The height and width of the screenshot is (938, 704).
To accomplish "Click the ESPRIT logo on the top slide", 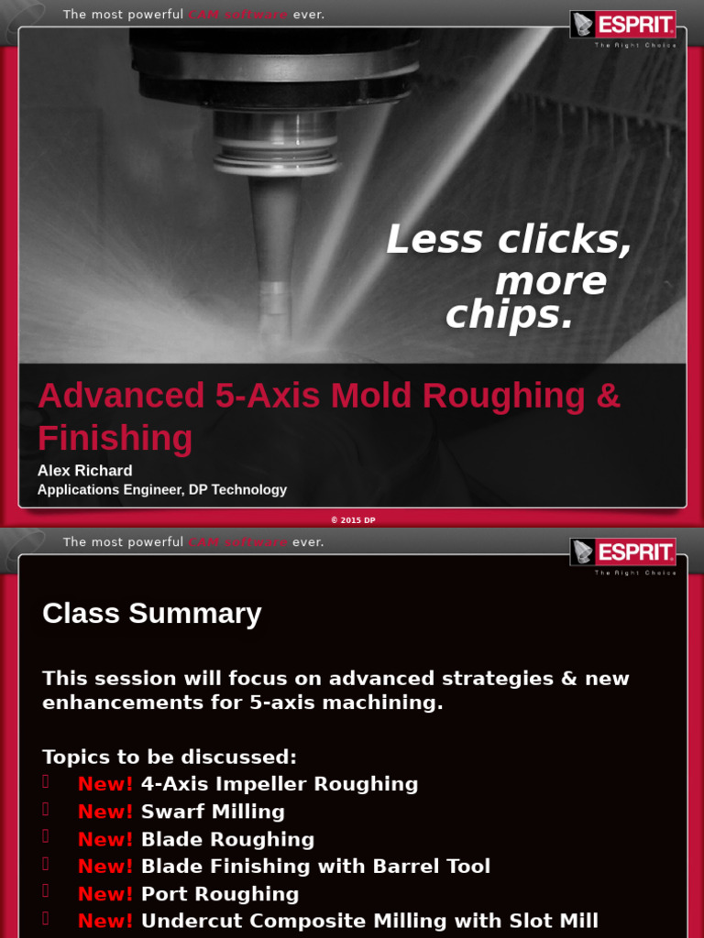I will pyautogui.click(x=622, y=25).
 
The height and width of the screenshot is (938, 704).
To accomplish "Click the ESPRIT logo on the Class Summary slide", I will pyautogui.click(x=622, y=552).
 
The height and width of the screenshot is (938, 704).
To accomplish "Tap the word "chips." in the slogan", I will pyautogui.click(x=509, y=316).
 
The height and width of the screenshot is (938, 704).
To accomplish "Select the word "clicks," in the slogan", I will pyautogui.click(x=565, y=240).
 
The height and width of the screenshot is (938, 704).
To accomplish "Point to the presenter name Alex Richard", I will pyautogui.click(x=84, y=470).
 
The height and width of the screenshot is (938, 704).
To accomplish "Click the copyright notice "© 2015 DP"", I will pyautogui.click(x=353, y=519).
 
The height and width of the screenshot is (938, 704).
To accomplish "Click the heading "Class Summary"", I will pyautogui.click(x=151, y=613).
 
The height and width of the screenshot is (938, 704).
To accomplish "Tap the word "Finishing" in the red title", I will pyautogui.click(x=115, y=438).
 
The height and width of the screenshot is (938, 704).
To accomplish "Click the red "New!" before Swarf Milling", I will pyautogui.click(x=105, y=812).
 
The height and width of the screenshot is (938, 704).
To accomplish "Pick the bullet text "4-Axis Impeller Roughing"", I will pyautogui.click(x=280, y=784).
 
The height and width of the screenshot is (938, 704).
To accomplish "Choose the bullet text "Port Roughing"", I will pyautogui.click(x=220, y=894).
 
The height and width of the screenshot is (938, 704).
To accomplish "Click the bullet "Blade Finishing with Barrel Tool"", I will pyautogui.click(x=315, y=867).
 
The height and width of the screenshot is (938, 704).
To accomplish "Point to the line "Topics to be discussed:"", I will pyautogui.click(x=170, y=758).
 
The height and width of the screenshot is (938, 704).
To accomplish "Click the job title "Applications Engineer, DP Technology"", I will pyautogui.click(x=161, y=490).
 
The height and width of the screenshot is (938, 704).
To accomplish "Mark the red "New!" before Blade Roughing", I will pyautogui.click(x=105, y=839).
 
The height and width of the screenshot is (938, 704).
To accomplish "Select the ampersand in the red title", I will pyautogui.click(x=608, y=396).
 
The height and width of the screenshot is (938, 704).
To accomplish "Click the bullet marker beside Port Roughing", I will pyautogui.click(x=46, y=891).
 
